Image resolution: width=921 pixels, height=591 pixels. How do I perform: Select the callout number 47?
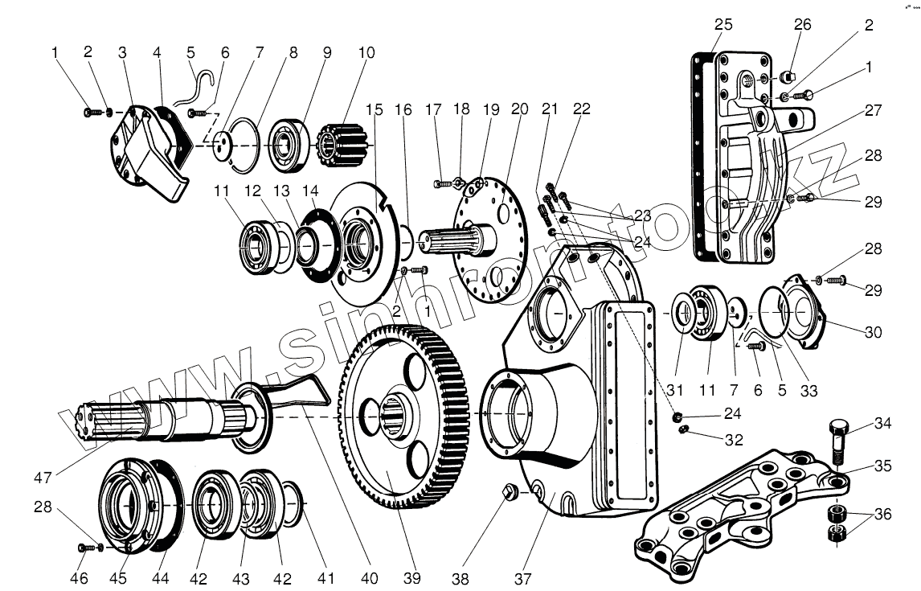(43, 478)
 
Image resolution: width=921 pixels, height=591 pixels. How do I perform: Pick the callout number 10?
(366, 54)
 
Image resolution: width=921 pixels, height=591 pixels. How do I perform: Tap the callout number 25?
(723, 25)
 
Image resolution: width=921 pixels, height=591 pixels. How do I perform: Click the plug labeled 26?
(788, 77)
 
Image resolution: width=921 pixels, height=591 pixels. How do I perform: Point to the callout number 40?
(370, 577)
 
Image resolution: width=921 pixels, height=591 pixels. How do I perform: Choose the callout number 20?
(518, 109)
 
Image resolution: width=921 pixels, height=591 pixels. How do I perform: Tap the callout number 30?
(873, 332)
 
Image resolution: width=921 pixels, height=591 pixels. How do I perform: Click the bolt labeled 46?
(84, 548)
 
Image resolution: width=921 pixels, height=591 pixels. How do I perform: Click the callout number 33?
(808, 391)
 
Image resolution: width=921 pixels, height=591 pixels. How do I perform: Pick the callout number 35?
(883, 466)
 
